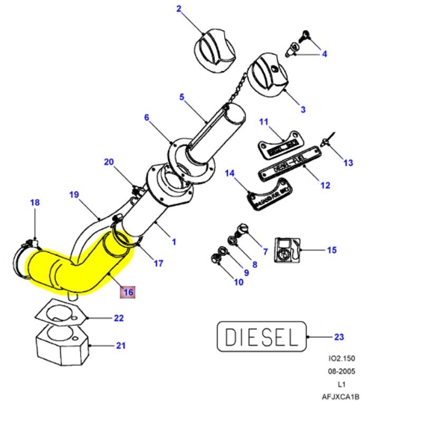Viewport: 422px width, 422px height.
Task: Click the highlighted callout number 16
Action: tap(128, 292)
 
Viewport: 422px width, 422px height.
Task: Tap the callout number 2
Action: tap(179, 8)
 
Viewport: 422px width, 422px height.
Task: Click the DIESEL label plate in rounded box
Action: tap(262, 336)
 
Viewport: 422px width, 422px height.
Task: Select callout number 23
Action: tap(339, 337)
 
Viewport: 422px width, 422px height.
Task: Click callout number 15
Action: tap(331, 250)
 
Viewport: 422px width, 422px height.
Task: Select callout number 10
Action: tap(239, 282)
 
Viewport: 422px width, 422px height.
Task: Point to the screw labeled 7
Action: tap(244, 229)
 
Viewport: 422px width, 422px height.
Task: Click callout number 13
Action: tap(348, 163)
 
